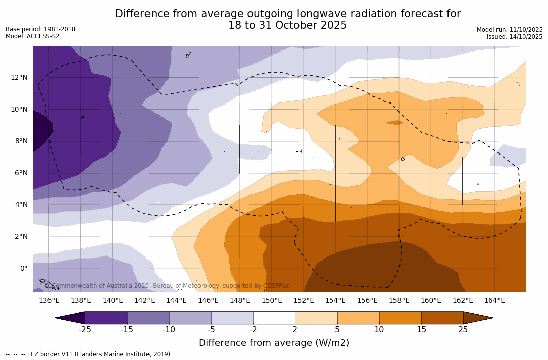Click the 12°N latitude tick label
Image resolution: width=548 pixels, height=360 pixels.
(18, 77)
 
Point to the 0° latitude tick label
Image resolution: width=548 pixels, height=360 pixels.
(24, 269)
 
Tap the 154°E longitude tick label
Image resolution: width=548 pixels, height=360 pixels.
(335, 300)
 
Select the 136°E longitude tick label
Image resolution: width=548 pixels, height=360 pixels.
(49, 300)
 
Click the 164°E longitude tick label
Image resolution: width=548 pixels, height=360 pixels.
(494, 300)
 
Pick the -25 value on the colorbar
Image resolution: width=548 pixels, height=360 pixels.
(85, 330)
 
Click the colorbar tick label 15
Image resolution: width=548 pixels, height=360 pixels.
(421, 330)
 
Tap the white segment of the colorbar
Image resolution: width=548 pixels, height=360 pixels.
(274, 318)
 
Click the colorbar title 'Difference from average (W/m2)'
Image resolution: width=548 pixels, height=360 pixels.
(274, 343)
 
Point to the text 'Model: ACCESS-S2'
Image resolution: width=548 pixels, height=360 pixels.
(32, 36)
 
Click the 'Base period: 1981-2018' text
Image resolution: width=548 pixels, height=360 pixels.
(40, 29)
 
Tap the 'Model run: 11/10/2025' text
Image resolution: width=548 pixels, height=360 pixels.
(510, 30)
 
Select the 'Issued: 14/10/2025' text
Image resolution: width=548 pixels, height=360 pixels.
(515, 37)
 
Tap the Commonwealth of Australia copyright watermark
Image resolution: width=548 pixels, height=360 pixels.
(167, 286)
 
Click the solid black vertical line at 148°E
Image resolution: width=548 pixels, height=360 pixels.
(240, 149)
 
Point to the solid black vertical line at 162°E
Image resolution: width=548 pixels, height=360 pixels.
(463, 181)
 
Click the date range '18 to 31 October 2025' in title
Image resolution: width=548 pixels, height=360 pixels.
(287, 25)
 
